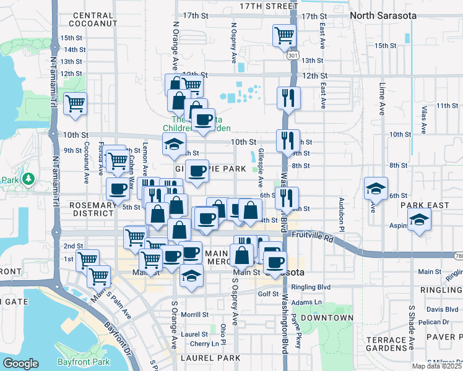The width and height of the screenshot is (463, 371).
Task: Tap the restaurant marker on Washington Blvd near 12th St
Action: (288, 98)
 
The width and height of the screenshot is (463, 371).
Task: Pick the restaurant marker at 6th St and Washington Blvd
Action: (287, 198)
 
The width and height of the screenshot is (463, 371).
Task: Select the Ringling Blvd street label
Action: (313, 288)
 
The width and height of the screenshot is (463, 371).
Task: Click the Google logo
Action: (20, 364)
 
